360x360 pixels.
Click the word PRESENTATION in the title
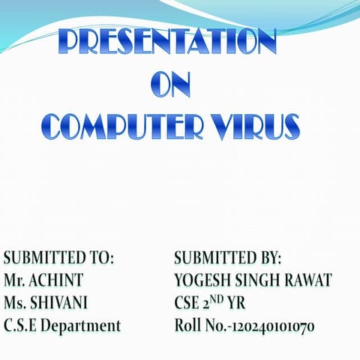[167, 44]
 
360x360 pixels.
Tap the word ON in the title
[170, 85]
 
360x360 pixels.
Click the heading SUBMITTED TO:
[59, 259]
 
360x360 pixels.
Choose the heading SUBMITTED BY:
[227, 259]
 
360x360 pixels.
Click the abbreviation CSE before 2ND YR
[187, 303]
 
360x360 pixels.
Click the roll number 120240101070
[273, 326]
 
